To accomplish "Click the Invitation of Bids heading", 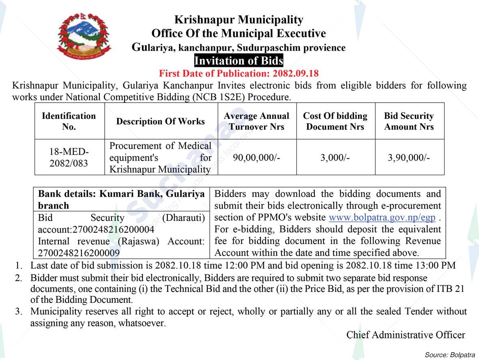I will [x=238, y=61].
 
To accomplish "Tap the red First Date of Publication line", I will [x=238, y=73].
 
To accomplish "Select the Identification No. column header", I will [x=69, y=121].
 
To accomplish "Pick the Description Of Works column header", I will [x=161, y=122].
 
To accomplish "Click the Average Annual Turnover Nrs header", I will [x=257, y=121].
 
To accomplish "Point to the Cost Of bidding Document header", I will [x=335, y=121].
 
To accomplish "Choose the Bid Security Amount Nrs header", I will [x=409, y=121].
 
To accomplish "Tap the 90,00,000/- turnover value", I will [x=257, y=158].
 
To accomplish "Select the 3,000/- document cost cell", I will [x=335, y=158].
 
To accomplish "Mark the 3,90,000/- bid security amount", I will [x=409, y=158].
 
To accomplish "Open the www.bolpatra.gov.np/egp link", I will [x=382, y=218].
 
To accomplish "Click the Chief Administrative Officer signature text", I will [x=406, y=335].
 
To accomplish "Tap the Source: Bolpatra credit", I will [x=450, y=355].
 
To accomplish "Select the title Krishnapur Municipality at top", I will [x=238, y=20].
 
